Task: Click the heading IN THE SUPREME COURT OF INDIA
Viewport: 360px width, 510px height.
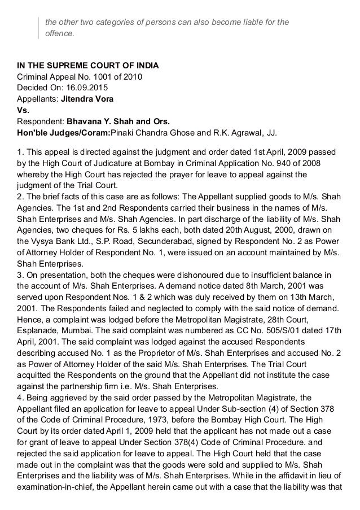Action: [x=87, y=66]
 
